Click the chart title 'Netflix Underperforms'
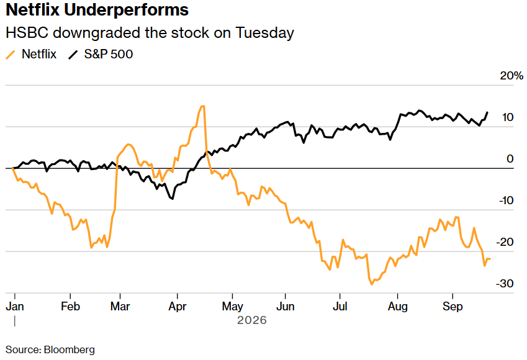point(97,10)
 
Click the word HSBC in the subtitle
point(27,33)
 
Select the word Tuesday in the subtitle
point(265,33)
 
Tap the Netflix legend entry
point(31,54)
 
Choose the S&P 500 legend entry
point(101,54)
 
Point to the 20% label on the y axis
point(511,76)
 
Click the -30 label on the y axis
point(505,284)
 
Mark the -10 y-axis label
point(506,200)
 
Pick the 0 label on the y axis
point(510,159)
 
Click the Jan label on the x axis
point(15,306)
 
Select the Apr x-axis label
point(177,306)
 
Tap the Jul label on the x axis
point(340,306)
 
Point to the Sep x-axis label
point(453,306)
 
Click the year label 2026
point(252,320)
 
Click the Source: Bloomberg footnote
point(50,349)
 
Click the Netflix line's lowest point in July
point(372,284)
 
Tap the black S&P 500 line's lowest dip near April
point(173,199)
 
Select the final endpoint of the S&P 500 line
point(487,112)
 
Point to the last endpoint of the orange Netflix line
point(490,259)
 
